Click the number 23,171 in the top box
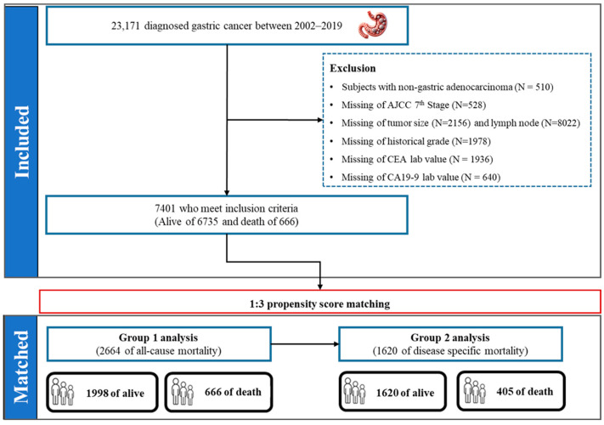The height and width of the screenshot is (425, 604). [126, 26]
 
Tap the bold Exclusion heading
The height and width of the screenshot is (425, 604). [353, 68]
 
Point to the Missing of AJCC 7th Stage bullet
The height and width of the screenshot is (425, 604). [414, 105]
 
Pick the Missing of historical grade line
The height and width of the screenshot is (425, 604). [416, 141]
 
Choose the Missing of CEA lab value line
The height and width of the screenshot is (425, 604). [417, 159]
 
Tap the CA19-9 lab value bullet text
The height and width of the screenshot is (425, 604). [421, 178]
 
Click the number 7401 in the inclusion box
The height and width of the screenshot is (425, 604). [165, 208]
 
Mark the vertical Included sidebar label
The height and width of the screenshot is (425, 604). [21, 142]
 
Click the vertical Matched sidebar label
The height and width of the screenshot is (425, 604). [21, 367]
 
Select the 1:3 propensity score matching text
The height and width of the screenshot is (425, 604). [319, 304]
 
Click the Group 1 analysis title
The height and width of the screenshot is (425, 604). [158, 338]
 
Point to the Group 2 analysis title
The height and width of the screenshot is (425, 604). [450, 338]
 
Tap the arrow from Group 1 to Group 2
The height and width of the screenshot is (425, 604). [305, 344]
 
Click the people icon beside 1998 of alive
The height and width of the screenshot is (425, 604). [63, 392]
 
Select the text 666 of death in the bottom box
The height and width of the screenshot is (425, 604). [233, 392]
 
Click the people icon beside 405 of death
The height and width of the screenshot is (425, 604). [475, 390]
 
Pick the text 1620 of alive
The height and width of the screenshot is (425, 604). [405, 393]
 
